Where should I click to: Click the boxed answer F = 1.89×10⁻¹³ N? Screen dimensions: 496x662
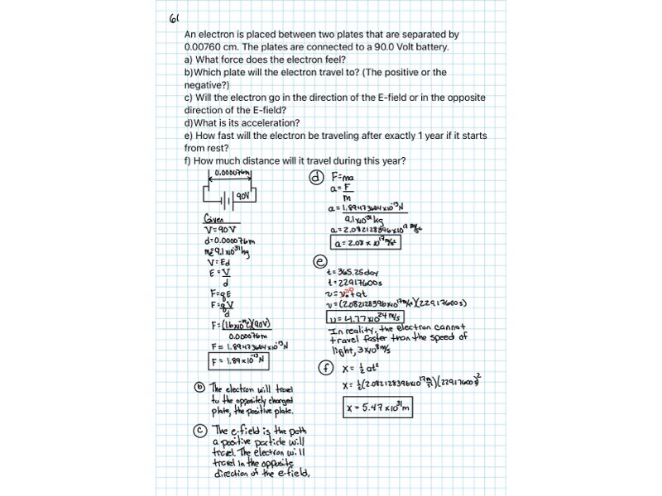pos(237,361)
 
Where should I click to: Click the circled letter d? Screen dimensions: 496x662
pos(314,177)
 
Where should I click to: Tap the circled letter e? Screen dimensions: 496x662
pos(319,261)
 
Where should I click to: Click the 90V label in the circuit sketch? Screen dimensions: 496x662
pos(242,197)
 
